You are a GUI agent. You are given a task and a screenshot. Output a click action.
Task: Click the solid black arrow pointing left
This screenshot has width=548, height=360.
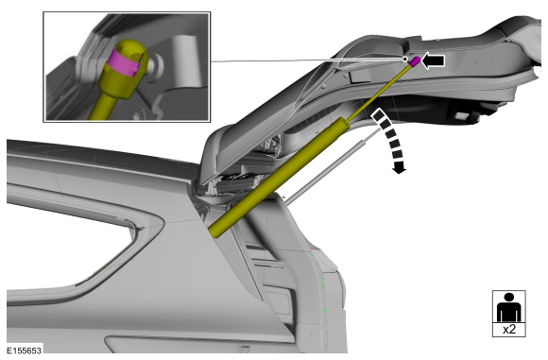pos(434,60)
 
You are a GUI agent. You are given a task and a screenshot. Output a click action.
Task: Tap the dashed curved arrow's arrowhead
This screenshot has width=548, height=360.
pos(399,168)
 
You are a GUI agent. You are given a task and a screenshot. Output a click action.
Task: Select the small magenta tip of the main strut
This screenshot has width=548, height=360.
pos(415,61)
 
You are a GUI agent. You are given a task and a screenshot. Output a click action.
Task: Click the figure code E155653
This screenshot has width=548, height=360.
pos(25,351)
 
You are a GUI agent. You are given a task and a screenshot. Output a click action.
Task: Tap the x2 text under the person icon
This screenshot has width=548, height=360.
pos(509,329)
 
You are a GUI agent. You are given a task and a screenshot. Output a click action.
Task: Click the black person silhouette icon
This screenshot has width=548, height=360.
pos(509,307)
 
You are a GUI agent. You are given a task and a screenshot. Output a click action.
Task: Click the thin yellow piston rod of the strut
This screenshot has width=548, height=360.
pos(378,94)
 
